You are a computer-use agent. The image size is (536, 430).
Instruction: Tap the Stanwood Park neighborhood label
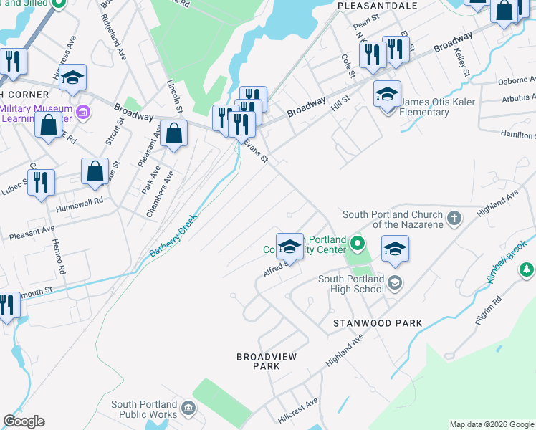(378, 323)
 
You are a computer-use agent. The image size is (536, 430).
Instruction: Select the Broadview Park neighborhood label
(266, 361)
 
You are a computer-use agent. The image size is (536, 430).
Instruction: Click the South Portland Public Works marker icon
(188, 408)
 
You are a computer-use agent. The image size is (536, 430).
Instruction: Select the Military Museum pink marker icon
(82, 113)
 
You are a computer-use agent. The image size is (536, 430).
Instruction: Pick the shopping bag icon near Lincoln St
(173, 133)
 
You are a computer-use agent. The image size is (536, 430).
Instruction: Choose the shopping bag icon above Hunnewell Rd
(95, 171)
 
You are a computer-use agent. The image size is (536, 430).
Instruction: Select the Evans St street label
(255, 153)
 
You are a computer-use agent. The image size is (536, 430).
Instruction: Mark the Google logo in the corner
(24, 421)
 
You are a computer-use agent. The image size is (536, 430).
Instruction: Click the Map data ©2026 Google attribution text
(491, 424)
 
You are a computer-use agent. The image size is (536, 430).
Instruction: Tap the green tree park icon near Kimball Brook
(527, 269)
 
